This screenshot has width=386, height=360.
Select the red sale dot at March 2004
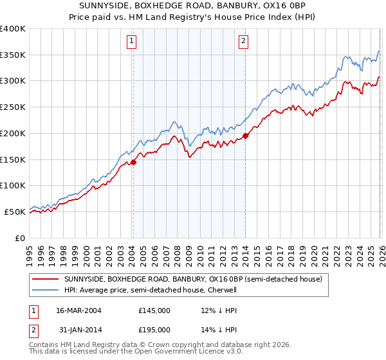(x=133, y=162)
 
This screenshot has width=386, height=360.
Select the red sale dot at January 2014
(x=246, y=136)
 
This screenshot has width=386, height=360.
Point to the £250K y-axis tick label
(x=13, y=107)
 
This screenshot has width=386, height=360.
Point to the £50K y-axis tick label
(x=15, y=212)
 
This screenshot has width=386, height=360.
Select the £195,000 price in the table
(x=154, y=329)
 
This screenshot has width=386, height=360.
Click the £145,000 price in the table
(x=154, y=310)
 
